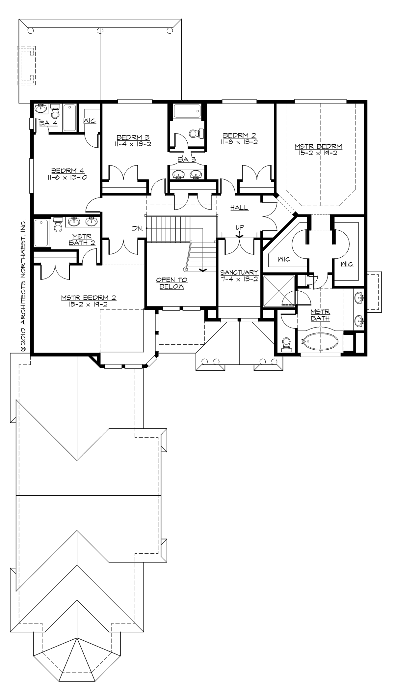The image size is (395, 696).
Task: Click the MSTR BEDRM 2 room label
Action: coord(88,298)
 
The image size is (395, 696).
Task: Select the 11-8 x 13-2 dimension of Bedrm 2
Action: coord(239,142)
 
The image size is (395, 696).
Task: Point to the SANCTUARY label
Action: coord(239,273)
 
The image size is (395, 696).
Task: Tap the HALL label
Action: coord(239,208)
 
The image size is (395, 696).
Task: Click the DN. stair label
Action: coord(137,228)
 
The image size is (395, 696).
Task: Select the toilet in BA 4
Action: coord(55,112)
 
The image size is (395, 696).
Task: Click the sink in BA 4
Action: coord(41,108)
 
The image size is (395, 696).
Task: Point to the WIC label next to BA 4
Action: coord(89,121)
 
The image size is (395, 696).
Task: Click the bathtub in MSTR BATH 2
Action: coord(41,233)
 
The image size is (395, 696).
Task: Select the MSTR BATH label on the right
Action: coord(320,315)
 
